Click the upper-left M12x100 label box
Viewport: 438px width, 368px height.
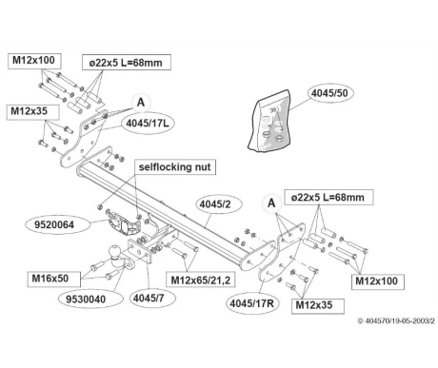coord(34,61)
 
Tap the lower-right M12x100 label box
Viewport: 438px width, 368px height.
coord(377,281)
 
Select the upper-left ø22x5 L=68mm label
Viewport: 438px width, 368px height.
coord(127,63)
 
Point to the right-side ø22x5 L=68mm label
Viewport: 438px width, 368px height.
coord(328,198)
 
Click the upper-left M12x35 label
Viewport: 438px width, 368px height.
coord(32,112)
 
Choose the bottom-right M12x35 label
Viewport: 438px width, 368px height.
coord(318,305)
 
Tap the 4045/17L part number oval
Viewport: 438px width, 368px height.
coord(148,123)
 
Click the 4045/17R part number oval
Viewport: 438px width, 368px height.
coord(252,303)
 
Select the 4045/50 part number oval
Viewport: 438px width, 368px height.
coord(329,93)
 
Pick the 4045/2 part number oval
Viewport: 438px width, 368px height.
coord(215,204)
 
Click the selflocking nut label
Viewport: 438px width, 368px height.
coord(175,167)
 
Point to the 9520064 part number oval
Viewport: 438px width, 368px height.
coord(54,225)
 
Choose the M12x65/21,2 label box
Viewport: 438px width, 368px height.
coord(201,281)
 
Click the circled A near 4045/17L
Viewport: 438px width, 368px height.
coord(141,103)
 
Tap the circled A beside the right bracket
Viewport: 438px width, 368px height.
coord(271,203)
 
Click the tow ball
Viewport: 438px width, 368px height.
coord(115,252)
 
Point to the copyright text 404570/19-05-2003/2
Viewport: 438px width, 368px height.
coord(396,320)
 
